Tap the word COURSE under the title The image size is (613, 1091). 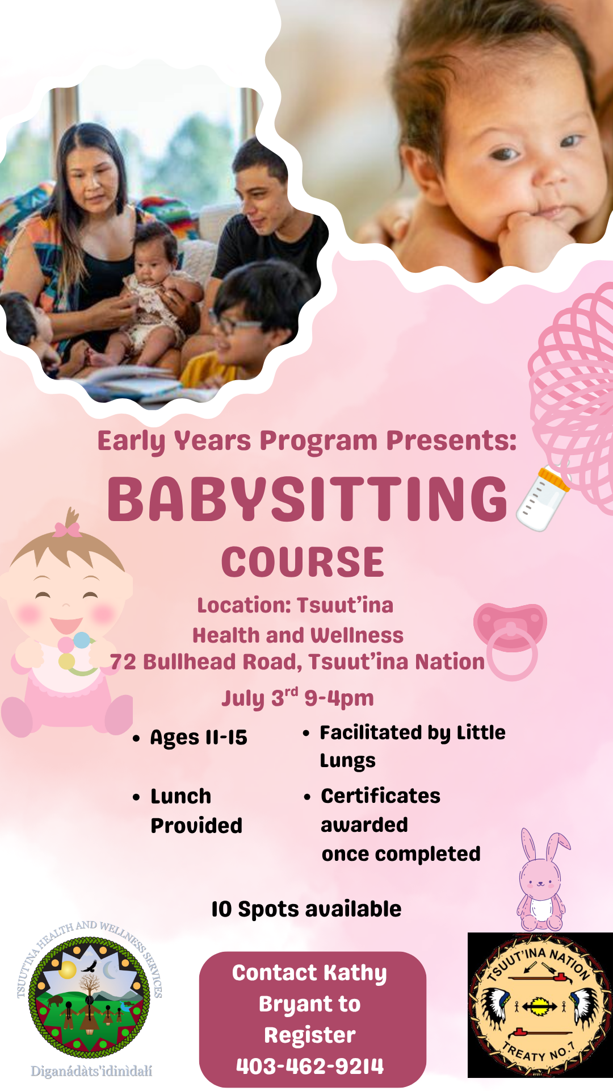303,562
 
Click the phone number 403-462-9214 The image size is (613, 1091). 310,1066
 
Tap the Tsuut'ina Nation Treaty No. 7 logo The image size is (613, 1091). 540,1005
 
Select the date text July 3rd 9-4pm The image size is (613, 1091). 298,698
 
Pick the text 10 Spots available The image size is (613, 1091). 306,909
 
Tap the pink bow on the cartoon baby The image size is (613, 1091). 68,530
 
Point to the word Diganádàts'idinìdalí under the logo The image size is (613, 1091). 91,1071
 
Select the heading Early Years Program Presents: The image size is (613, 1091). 307,441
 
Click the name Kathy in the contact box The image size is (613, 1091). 355,973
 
